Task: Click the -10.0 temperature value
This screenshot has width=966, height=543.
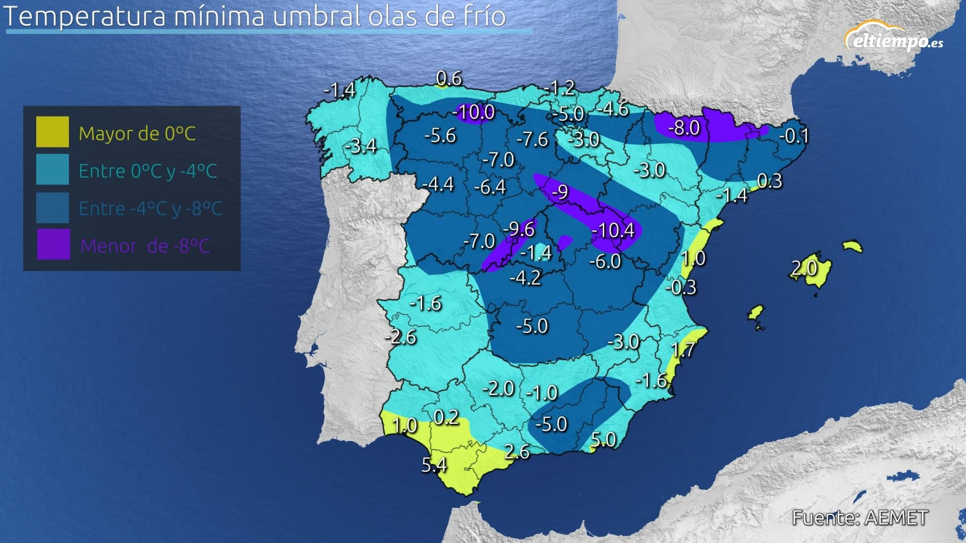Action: [473, 112]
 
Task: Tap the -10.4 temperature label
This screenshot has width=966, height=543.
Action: [613, 230]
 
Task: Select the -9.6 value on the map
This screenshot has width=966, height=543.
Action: [519, 229]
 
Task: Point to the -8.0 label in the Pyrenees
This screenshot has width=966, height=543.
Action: [684, 128]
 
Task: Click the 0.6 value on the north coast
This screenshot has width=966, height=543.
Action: [449, 78]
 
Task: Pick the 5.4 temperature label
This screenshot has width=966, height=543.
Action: [434, 465]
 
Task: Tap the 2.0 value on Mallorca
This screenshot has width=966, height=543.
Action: [804, 267]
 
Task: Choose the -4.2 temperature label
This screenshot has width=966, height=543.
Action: [525, 278]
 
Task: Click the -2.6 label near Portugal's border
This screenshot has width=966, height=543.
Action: [401, 337]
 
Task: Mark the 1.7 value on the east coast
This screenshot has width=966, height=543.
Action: [683, 349]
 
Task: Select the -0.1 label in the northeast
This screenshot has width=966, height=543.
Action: [794, 136]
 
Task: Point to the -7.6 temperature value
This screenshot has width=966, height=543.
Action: [532, 139]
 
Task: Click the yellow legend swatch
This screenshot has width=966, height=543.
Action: [52, 132]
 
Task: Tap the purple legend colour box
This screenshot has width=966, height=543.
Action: [53, 245]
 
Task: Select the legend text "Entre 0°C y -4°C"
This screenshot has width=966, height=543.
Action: [148, 171]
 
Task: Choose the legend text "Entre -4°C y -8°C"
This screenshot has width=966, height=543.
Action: [150, 209]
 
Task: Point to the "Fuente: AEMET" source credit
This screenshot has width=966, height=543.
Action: [859, 517]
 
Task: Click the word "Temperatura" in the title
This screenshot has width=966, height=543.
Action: [85, 16]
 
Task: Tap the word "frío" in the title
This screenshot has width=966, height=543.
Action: [481, 16]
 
